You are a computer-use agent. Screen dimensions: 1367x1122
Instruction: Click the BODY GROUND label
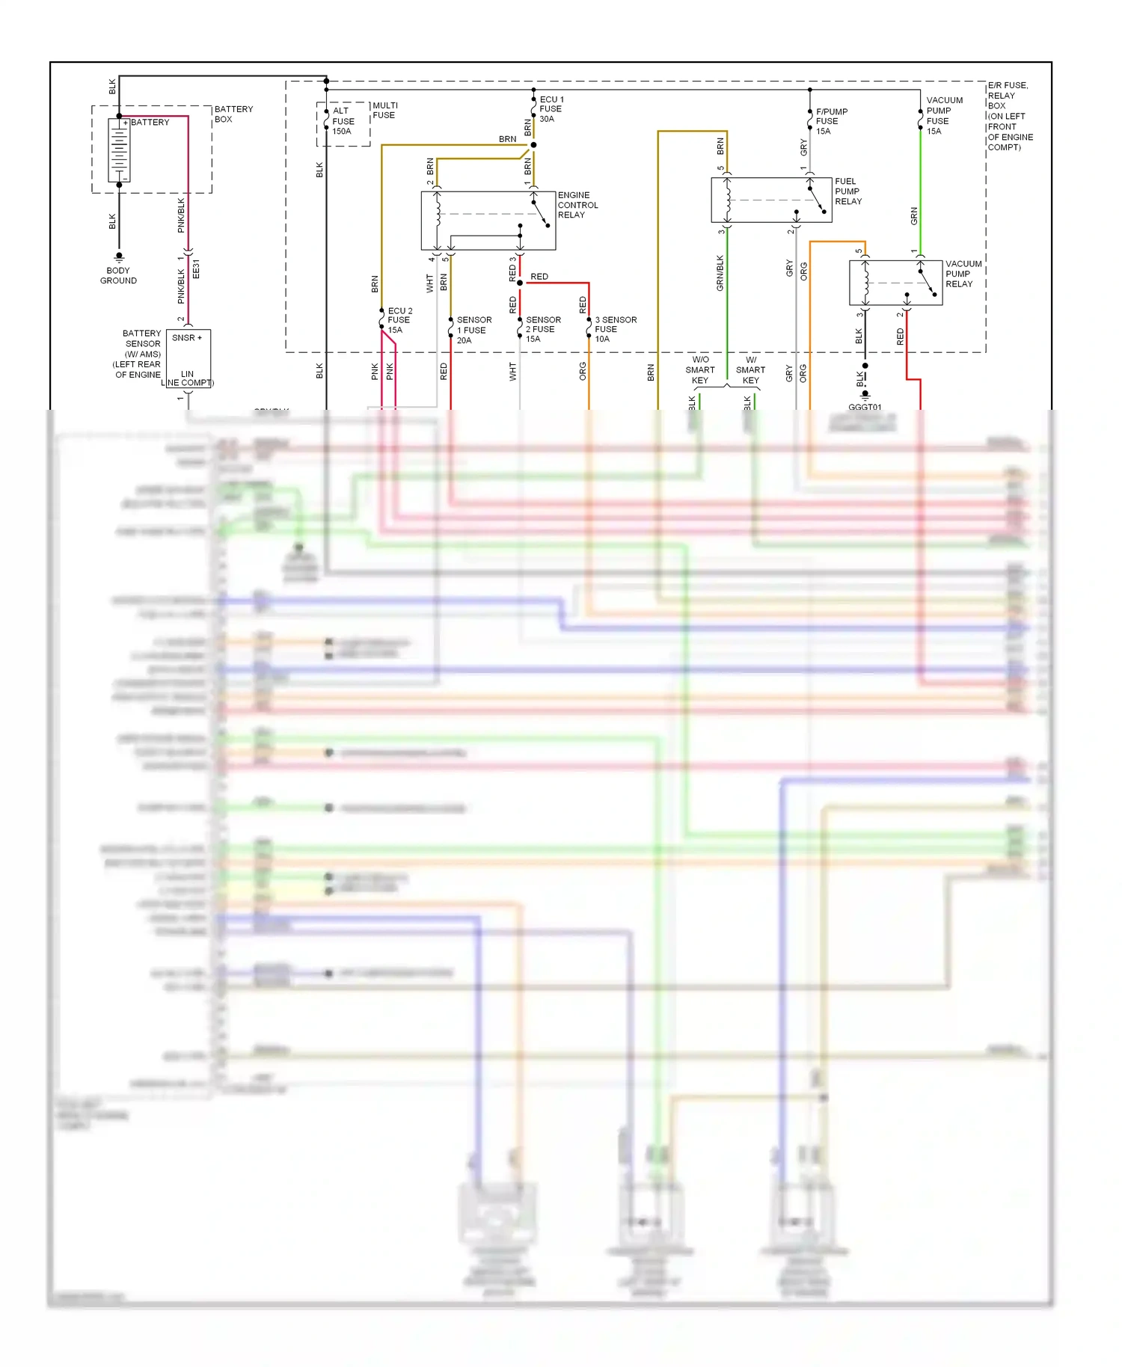click(x=118, y=275)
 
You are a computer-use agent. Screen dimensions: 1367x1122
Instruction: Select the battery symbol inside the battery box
click(x=119, y=150)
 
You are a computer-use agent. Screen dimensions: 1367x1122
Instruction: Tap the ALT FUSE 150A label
click(x=343, y=121)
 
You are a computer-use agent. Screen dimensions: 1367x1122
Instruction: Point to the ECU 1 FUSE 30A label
click(x=551, y=109)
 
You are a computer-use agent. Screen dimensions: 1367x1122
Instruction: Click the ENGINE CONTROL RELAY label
click(x=577, y=205)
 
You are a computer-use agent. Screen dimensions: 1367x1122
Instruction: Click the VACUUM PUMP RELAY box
click(x=895, y=283)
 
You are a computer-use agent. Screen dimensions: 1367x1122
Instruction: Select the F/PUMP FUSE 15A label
click(x=831, y=121)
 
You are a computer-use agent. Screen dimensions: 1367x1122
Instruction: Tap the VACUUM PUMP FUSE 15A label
click(x=944, y=115)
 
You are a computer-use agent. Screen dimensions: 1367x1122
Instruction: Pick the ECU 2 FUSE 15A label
click(x=399, y=320)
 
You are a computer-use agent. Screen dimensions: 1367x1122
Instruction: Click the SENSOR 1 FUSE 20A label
click(x=473, y=330)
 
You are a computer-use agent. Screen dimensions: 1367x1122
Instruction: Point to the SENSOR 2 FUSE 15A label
click(x=542, y=329)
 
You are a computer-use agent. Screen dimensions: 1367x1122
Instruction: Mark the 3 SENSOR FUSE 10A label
click(x=615, y=329)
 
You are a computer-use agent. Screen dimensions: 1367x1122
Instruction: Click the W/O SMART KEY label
click(x=700, y=370)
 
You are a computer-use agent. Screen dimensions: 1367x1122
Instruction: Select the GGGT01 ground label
click(x=865, y=407)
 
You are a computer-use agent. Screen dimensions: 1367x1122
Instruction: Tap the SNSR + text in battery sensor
click(x=187, y=338)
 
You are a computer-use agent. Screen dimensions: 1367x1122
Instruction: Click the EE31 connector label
click(x=196, y=269)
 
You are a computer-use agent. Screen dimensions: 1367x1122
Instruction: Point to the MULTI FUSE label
click(x=384, y=111)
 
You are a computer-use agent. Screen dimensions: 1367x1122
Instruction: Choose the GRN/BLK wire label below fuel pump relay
click(x=720, y=273)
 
